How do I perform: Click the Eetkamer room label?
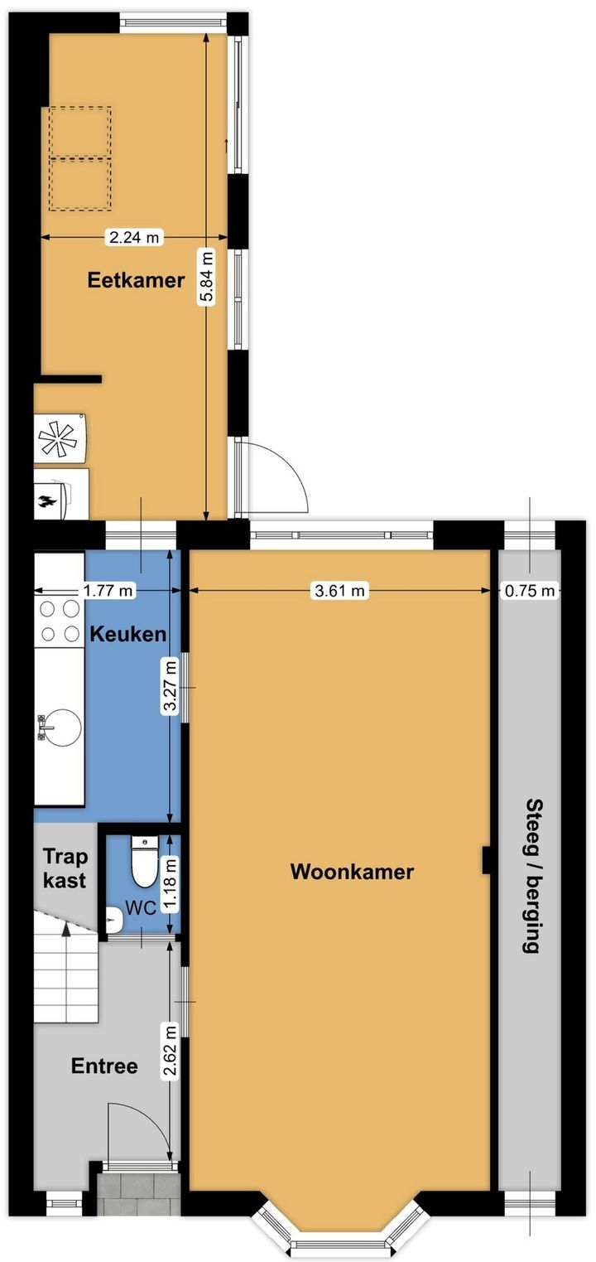pyautogui.click(x=136, y=280)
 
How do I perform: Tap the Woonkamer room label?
pyautogui.click(x=352, y=872)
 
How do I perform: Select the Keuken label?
pyautogui.click(x=128, y=635)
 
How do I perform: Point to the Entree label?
pyautogui.click(x=103, y=1066)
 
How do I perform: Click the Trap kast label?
pyautogui.click(x=65, y=868)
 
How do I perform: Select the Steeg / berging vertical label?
pyautogui.click(x=534, y=876)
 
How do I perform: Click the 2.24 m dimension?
pyautogui.click(x=133, y=238)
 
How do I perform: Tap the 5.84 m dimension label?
pyautogui.click(x=208, y=278)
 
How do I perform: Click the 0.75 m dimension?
pyautogui.click(x=531, y=591)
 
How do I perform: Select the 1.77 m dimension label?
pyautogui.click(x=108, y=591)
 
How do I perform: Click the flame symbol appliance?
pyautogui.click(x=48, y=499)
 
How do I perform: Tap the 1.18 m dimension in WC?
pyautogui.click(x=171, y=886)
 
